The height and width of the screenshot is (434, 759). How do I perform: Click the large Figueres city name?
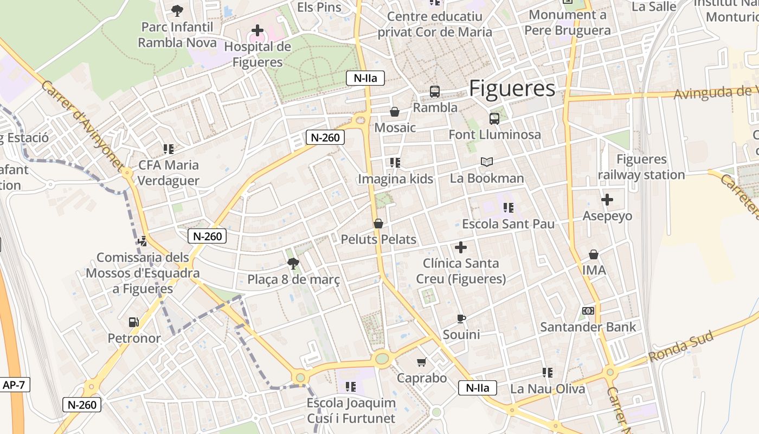(x=512, y=88)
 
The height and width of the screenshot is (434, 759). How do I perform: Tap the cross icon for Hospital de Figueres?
(x=258, y=30)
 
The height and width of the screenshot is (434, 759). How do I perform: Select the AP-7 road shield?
(x=14, y=385)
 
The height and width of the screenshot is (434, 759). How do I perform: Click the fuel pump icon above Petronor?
(x=133, y=322)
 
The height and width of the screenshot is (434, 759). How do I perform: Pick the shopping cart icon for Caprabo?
(x=422, y=362)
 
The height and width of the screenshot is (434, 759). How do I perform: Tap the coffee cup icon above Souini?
(x=461, y=318)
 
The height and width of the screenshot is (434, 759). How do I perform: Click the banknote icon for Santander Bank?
(x=588, y=311)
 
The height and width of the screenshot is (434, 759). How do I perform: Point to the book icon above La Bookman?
(x=487, y=162)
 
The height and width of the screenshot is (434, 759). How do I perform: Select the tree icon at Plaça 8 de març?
(x=293, y=264)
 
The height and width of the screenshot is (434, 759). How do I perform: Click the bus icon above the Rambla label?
(x=435, y=92)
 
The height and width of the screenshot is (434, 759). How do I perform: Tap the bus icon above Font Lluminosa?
(x=494, y=118)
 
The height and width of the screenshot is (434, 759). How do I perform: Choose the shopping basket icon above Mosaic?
(x=395, y=112)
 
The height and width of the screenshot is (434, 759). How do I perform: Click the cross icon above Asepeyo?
(x=607, y=200)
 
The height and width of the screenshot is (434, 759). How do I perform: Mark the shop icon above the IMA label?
(x=594, y=254)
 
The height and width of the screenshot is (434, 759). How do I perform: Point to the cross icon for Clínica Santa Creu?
(x=461, y=247)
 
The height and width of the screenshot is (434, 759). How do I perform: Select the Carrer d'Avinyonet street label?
(x=81, y=126)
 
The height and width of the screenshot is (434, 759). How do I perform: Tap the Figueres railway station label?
(x=641, y=167)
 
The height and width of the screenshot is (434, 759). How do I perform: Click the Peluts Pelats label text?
(x=378, y=239)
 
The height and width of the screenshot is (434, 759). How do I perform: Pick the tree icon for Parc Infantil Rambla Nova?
(x=177, y=10)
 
